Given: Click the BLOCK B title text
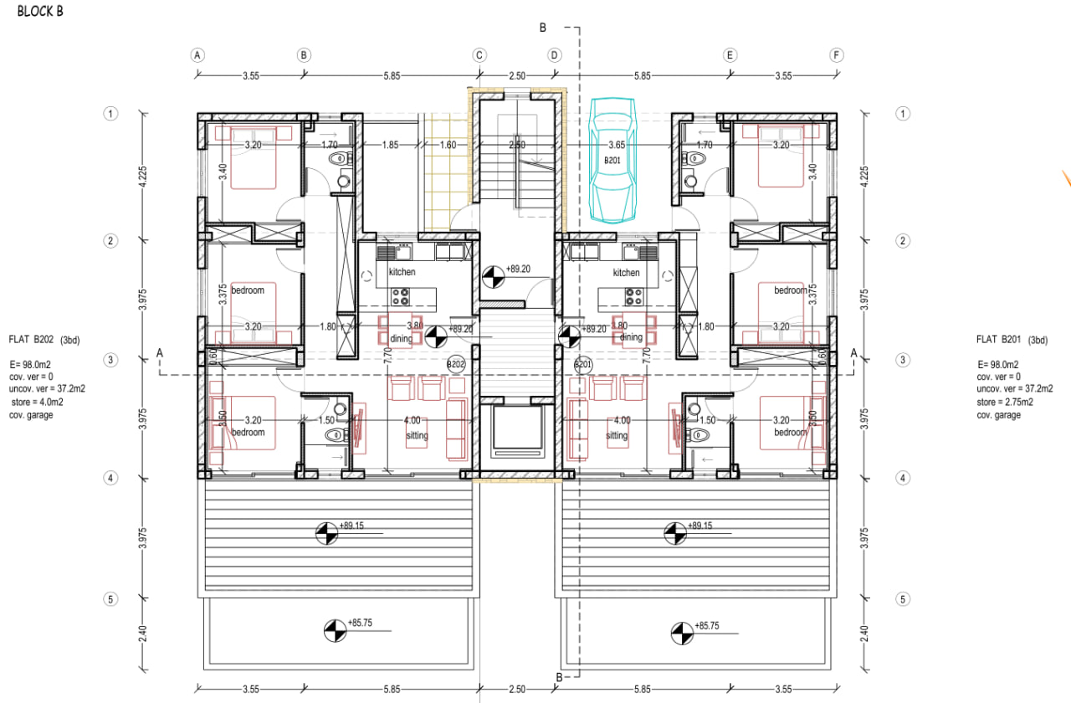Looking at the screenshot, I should click(x=40, y=12).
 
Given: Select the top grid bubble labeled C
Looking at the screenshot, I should click(x=479, y=55).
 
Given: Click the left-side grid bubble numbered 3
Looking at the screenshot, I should click(x=110, y=360).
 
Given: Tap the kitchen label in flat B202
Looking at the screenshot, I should click(x=402, y=272).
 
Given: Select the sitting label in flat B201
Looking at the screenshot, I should click(x=617, y=436).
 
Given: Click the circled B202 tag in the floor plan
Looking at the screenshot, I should click(x=456, y=365).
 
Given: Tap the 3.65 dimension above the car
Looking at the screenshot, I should click(x=617, y=145).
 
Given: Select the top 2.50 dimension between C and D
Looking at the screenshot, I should click(x=517, y=75).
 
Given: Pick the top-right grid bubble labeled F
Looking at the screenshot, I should click(x=836, y=55).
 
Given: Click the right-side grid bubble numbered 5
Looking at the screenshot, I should click(x=902, y=599).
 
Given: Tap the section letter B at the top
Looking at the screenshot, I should click(x=542, y=28).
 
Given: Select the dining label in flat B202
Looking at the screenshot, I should click(x=401, y=338).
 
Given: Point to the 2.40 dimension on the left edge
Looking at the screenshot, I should click(x=141, y=634).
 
